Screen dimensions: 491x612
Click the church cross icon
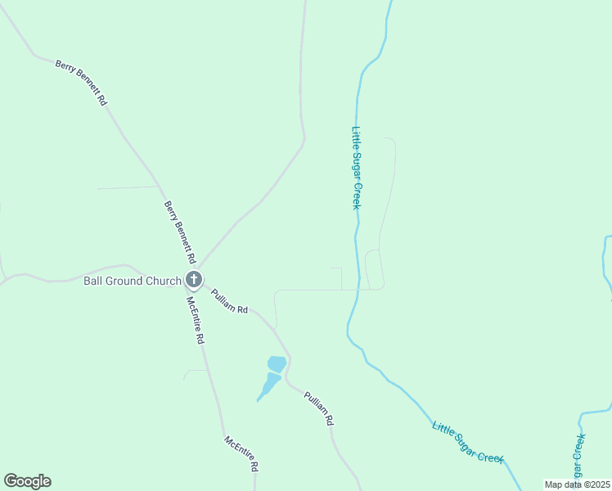tap(194, 281)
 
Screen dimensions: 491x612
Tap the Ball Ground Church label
tap(132, 281)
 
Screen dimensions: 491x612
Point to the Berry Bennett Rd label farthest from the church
tap(82, 83)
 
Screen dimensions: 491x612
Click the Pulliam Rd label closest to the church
tap(229, 302)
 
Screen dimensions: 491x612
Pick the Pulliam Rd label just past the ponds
tap(319, 408)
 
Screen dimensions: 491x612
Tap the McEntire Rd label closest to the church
tap(195, 320)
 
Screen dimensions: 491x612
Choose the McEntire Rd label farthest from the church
tap(242, 454)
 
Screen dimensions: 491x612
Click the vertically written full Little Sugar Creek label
tap(356, 167)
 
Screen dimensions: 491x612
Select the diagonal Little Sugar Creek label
tap(468, 443)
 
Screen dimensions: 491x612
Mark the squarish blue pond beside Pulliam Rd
tap(277, 363)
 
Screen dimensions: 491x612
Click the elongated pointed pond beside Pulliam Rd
tap(269, 385)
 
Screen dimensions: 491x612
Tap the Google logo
tap(27, 481)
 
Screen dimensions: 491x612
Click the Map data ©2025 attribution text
tap(577, 484)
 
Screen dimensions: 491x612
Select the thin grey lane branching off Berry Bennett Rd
tap(127, 188)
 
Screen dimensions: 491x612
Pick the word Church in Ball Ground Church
tap(163, 281)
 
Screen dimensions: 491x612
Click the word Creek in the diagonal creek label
tap(489, 455)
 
